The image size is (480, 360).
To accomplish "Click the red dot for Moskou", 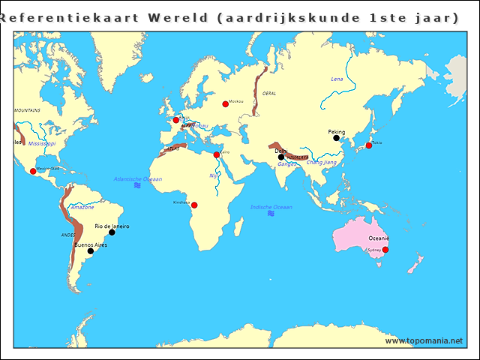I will pyautogui.click(x=225, y=104).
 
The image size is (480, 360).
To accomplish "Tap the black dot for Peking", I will pyautogui.click(x=336, y=138).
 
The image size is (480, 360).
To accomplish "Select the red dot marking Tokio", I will pyautogui.click(x=368, y=145).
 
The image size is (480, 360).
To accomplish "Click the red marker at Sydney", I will pyautogui.click(x=385, y=250).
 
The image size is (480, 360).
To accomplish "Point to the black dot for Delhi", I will pyautogui.click(x=281, y=157).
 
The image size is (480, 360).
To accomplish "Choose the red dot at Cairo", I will pyautogui.click(x=217, y=155).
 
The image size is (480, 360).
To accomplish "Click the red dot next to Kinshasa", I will pyautogui.click(x=194, y=205).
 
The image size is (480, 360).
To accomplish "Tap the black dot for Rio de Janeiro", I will pyautogui.click(x=112, y=232).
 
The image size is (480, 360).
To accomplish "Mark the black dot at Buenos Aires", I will pyautogui.click(x=91, y=251).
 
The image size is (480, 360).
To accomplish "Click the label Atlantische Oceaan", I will pyautogui.click(x=137, y=179).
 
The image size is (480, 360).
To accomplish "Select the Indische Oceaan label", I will pyautogui.click(x=271, y=207).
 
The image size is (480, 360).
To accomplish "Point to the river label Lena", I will pyautogui.click(x=337, y=79).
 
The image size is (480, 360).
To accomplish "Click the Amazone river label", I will pyautogui.click(x=82, y=207).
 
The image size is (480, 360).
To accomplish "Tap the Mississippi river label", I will pyautogui.click(x=42, y=142).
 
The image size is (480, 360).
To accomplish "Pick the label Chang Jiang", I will pyautogui.click(x=321, y=162).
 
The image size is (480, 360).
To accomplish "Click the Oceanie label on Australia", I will pyautogui.click(x=379, y=238).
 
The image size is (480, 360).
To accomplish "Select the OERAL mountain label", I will pyautogui.click(x=269, y=93).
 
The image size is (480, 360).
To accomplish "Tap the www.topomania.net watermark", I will pyautogui.click(x=424, y=341).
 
